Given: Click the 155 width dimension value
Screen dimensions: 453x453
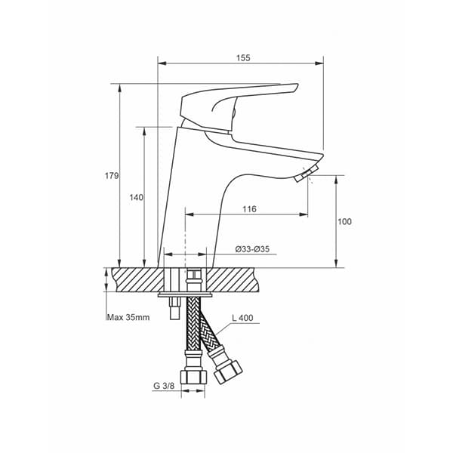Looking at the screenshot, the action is (243, 58).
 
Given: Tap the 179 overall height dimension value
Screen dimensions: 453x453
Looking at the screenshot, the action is (112, 176).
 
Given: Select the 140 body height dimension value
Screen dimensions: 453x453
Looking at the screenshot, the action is (136, 198).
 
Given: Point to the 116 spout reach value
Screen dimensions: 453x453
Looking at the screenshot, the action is (249, 209).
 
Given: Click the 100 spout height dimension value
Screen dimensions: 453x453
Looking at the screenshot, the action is (345, 221).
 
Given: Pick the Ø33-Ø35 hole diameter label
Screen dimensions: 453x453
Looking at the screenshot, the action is (252, 249).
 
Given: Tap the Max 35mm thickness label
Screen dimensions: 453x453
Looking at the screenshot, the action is (128, 318).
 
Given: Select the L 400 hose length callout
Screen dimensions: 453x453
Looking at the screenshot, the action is (242, 318).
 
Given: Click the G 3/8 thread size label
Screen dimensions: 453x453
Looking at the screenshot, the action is (164, 386).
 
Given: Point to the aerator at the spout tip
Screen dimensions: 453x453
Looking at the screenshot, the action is (307, 174).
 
